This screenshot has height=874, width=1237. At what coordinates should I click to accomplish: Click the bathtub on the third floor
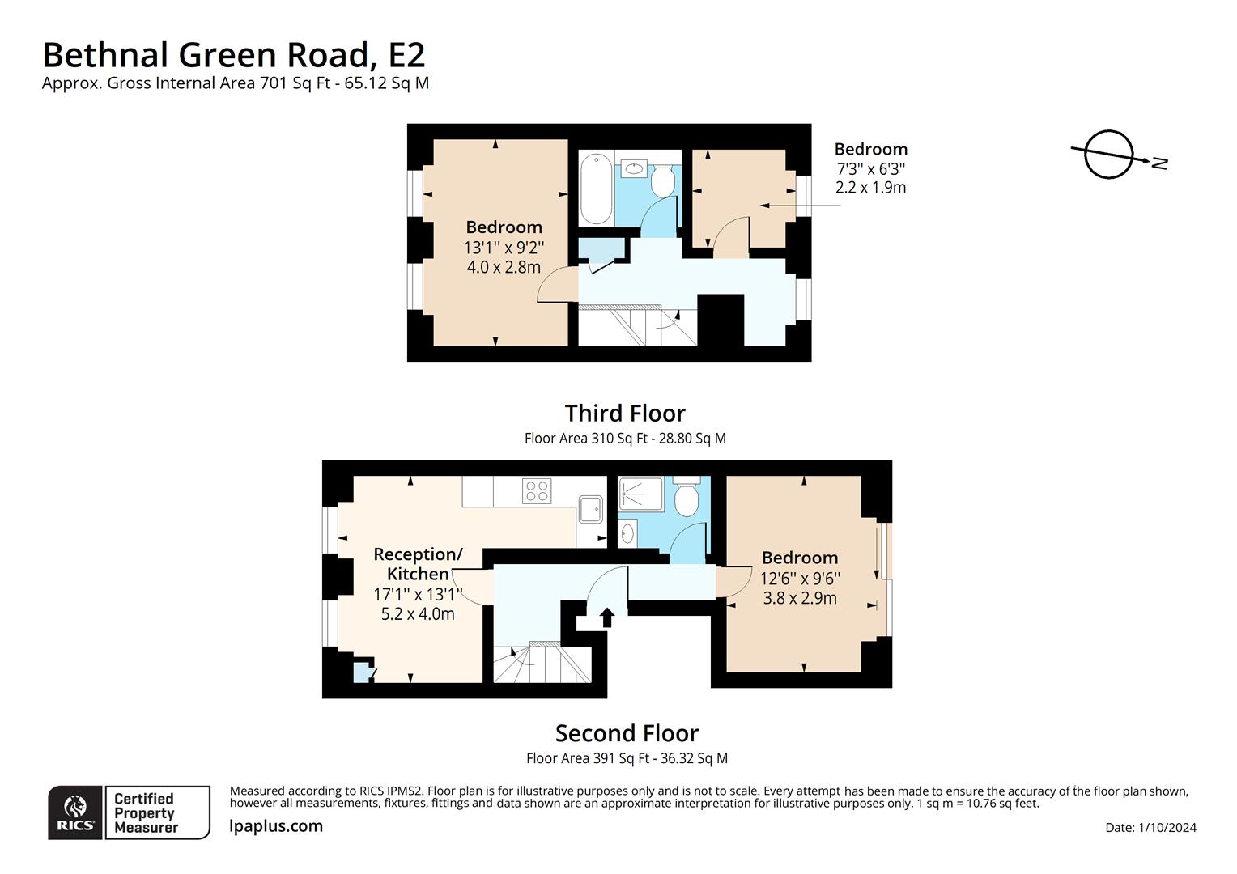click(x=597, y=189)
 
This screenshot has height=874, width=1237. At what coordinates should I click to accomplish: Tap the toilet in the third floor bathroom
click(x=664, y=181)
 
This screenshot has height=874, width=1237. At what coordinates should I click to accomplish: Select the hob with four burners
click(x=537, y=490)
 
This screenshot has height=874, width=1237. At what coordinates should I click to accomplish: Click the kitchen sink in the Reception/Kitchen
click(x=590, y=509)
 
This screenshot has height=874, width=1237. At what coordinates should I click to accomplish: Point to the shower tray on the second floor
click(x=640, y=494)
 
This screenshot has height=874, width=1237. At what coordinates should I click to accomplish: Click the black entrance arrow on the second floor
click(x=606, y=618)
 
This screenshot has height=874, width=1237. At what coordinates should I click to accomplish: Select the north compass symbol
click(x=1109, y=154)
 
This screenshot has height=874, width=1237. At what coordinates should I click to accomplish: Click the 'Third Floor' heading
click(x=625, y=414)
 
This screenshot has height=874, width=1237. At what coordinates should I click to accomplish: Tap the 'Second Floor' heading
click(x=627, y=733)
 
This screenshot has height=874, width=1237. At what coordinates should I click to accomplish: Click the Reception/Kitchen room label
click(x=418, y=564)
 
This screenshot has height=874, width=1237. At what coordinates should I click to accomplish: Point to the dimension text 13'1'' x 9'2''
click(x=504, y=248)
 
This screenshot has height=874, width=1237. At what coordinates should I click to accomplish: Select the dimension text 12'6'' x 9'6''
click(x=800, y=579)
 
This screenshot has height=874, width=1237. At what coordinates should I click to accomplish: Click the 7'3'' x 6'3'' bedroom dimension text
click(x=870, y=169)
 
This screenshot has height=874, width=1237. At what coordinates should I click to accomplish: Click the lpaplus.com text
click(x=276, y=826)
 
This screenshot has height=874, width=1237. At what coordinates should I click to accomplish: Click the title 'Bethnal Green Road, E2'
click(x=233, y=55)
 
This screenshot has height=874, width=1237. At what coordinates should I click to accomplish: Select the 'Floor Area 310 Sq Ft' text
click(x=624, y=439)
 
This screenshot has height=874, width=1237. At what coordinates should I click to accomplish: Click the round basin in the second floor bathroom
click(x=629, y=533)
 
